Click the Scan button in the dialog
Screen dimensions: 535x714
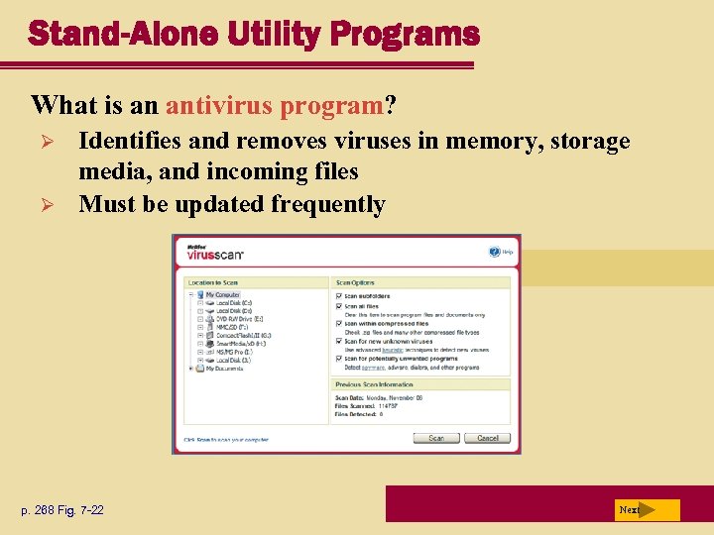pyautogui.click(x=436, y=438)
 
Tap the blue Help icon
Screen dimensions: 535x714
pyautogui.click(x=495, y=252)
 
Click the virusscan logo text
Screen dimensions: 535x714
pyautogui.click(x=215, y=254)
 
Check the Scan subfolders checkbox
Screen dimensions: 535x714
pyautogui.click(x=339, y=295)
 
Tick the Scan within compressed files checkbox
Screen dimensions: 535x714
pyautogui.click(x=339, y=323)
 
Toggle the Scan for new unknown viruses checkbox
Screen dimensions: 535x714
pyautogui.click(x=339, y=342)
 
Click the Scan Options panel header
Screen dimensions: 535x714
pyautogui.click(x=357, y=282)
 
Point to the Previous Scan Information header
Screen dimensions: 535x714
pyautogui.click(x=374, y=384)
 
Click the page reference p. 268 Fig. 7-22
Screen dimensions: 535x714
pyautogui.click(x=62, y=510)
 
